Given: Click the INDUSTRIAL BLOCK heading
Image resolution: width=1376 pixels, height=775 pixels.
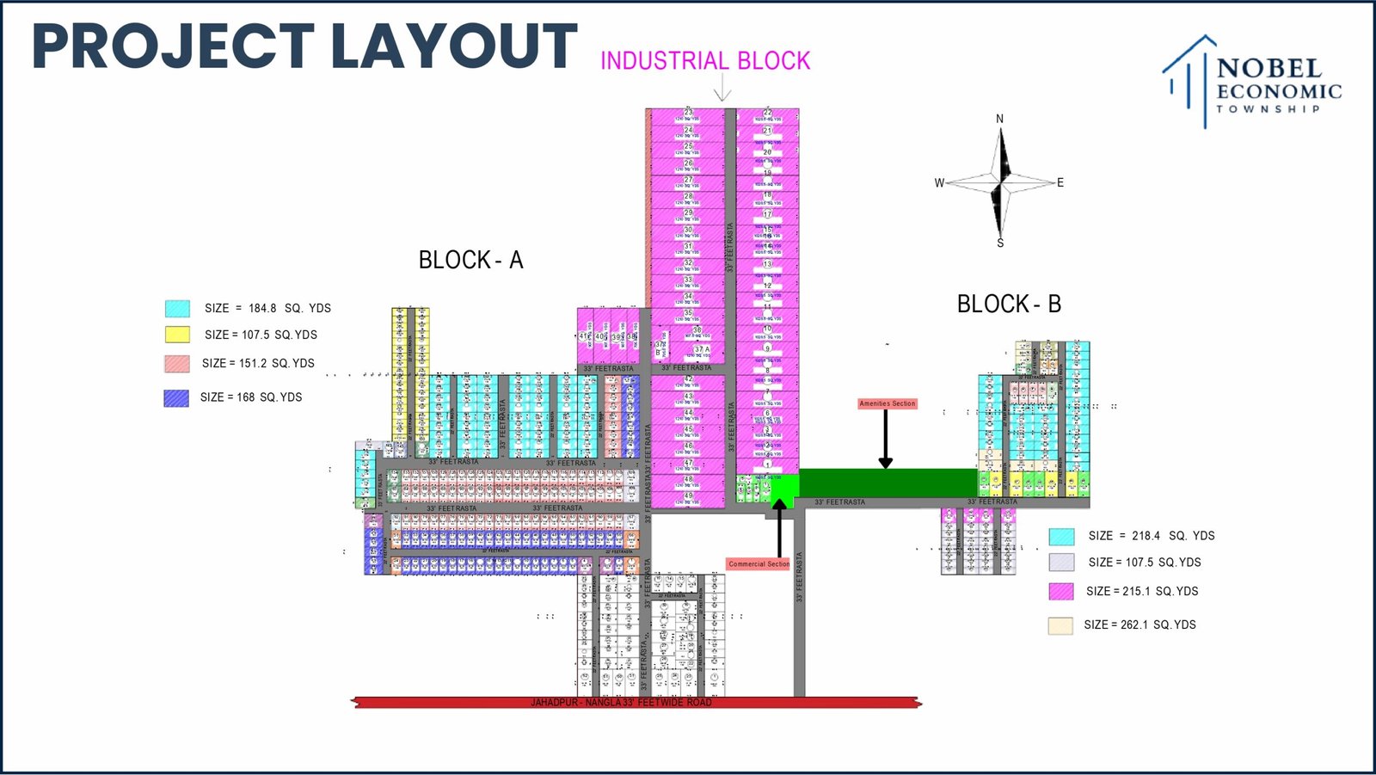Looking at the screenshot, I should click(705, 61).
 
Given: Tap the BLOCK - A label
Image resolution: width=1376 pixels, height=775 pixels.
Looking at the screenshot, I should click(470, 260).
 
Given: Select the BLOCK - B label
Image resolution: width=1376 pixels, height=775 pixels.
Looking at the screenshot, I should click(1009, 304).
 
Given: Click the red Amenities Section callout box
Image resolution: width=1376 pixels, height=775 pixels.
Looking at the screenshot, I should click(888, 403).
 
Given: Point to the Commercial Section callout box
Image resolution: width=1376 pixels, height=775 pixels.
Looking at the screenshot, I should click(759, 564).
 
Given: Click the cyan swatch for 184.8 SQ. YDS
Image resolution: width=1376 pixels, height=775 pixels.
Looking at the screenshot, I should click(177, 308).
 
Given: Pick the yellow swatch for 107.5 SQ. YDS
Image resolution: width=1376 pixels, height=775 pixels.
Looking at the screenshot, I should click(177, 335).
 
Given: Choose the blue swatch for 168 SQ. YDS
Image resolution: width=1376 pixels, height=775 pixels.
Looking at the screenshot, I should click(176, 397).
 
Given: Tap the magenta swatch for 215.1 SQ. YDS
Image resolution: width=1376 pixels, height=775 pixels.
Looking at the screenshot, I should click(1061, 591).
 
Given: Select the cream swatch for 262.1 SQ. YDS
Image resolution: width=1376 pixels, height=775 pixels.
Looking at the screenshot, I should click(1060, 625).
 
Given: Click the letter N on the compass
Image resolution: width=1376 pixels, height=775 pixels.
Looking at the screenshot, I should click(999, 119).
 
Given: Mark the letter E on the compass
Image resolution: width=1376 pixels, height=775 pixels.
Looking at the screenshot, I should click(1060, 182).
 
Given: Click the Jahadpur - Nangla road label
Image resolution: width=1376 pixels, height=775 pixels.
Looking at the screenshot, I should click(621, 703).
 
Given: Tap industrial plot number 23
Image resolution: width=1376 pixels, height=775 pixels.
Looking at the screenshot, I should click(688, 113).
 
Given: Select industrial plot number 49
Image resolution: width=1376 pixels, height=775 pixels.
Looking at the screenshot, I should click(688, 496).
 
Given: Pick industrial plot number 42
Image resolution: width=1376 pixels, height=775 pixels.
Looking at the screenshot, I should click(688, 379).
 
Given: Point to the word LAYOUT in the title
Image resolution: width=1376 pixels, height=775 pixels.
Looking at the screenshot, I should click(453, 46).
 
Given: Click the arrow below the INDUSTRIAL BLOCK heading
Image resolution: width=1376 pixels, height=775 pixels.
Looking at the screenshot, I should click(722, 89).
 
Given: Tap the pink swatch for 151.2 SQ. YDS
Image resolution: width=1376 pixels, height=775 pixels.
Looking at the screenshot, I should click(177, 363).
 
